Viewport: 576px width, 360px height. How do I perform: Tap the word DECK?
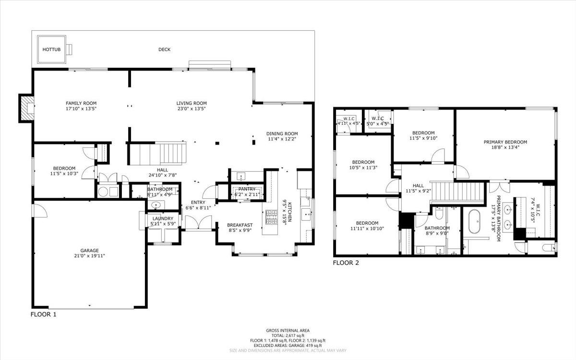coord(164,49)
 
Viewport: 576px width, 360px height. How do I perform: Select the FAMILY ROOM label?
coord(81,103)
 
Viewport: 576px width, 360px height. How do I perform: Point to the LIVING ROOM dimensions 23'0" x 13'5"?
coord(191,109)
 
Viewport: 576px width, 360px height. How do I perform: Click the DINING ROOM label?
coord(282,134)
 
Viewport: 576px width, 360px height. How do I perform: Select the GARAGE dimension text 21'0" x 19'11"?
coord(89,256)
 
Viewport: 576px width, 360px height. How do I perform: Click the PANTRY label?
coord(247,189)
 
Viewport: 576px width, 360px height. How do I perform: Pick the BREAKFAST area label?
coord(240,225)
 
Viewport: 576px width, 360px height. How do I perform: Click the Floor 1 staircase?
coord(157,153)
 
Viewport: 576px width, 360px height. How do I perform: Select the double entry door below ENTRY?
coord(198,223)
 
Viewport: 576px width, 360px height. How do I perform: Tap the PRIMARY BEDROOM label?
coord(505,142)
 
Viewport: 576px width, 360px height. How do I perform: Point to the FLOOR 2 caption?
coord(346,263)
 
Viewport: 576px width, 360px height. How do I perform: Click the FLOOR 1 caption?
coord(44,315)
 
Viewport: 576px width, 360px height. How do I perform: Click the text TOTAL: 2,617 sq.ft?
coord(288,335)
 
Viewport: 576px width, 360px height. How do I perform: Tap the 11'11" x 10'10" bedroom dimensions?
coord(367,229)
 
